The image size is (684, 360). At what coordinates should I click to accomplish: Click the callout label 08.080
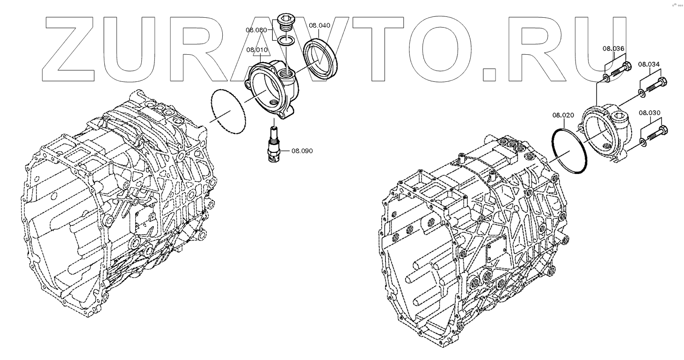(256, 30)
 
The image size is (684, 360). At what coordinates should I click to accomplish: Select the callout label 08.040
(320, 25)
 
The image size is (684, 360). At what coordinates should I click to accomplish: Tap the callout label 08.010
(257, 50)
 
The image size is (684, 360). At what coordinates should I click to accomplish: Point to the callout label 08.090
(302, 151)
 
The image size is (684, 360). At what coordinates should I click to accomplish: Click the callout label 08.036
(613, 49)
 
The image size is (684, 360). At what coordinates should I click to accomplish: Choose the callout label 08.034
(649, 65)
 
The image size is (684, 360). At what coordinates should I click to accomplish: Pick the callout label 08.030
(649, 113)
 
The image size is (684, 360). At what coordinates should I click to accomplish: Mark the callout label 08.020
(563, 115)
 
